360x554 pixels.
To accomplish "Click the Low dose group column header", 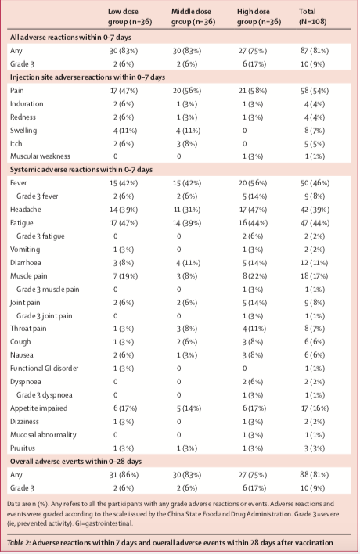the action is click(130, 16).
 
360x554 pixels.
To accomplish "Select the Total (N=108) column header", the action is click(312, 16).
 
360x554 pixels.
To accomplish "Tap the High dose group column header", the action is click(258, 16).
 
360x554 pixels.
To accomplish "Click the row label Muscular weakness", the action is click(40, 156).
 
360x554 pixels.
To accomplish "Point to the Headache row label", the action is click(26, 210).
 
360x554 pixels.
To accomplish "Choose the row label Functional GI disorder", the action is click(44, 368).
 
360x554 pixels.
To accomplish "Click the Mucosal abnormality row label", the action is click(43, 434).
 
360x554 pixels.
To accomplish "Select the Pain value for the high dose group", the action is click(253, 91).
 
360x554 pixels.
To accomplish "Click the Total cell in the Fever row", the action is click(315, 183).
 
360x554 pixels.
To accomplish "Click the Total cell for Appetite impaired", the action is click(315, 408).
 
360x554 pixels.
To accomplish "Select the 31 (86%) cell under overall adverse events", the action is click(124, 475).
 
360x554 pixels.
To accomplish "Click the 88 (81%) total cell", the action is click(315, 475).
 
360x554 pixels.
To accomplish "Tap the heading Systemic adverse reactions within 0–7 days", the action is click(81, 170).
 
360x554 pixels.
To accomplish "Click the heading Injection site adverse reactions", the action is click(88, 77).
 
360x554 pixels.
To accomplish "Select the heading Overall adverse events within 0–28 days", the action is click(76, 462).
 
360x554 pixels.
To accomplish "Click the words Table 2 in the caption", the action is click(19, 543).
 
